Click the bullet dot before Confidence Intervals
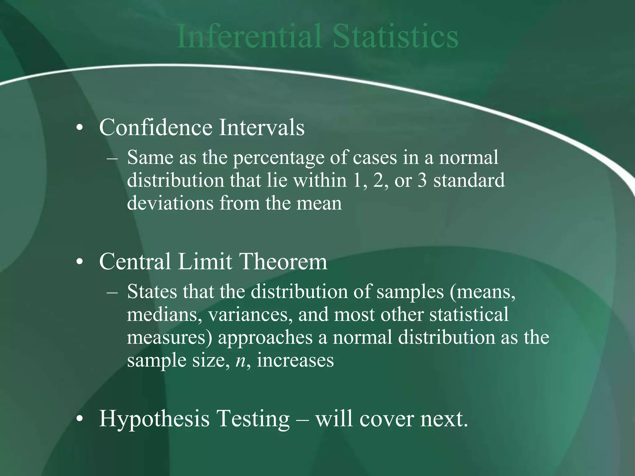[x=80, y=128]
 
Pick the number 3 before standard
[x=422, y=180]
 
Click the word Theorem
[x=283, y=262]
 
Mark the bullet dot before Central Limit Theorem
[x=80, y=262]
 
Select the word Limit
[x=205, y=262]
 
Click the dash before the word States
[x=112, y=292]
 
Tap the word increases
[x=295, y=360]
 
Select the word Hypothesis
[x=154, y=419]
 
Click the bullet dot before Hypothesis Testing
[x=80, y=420]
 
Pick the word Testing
[x=253, y=419]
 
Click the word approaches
[x=265, y=338]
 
